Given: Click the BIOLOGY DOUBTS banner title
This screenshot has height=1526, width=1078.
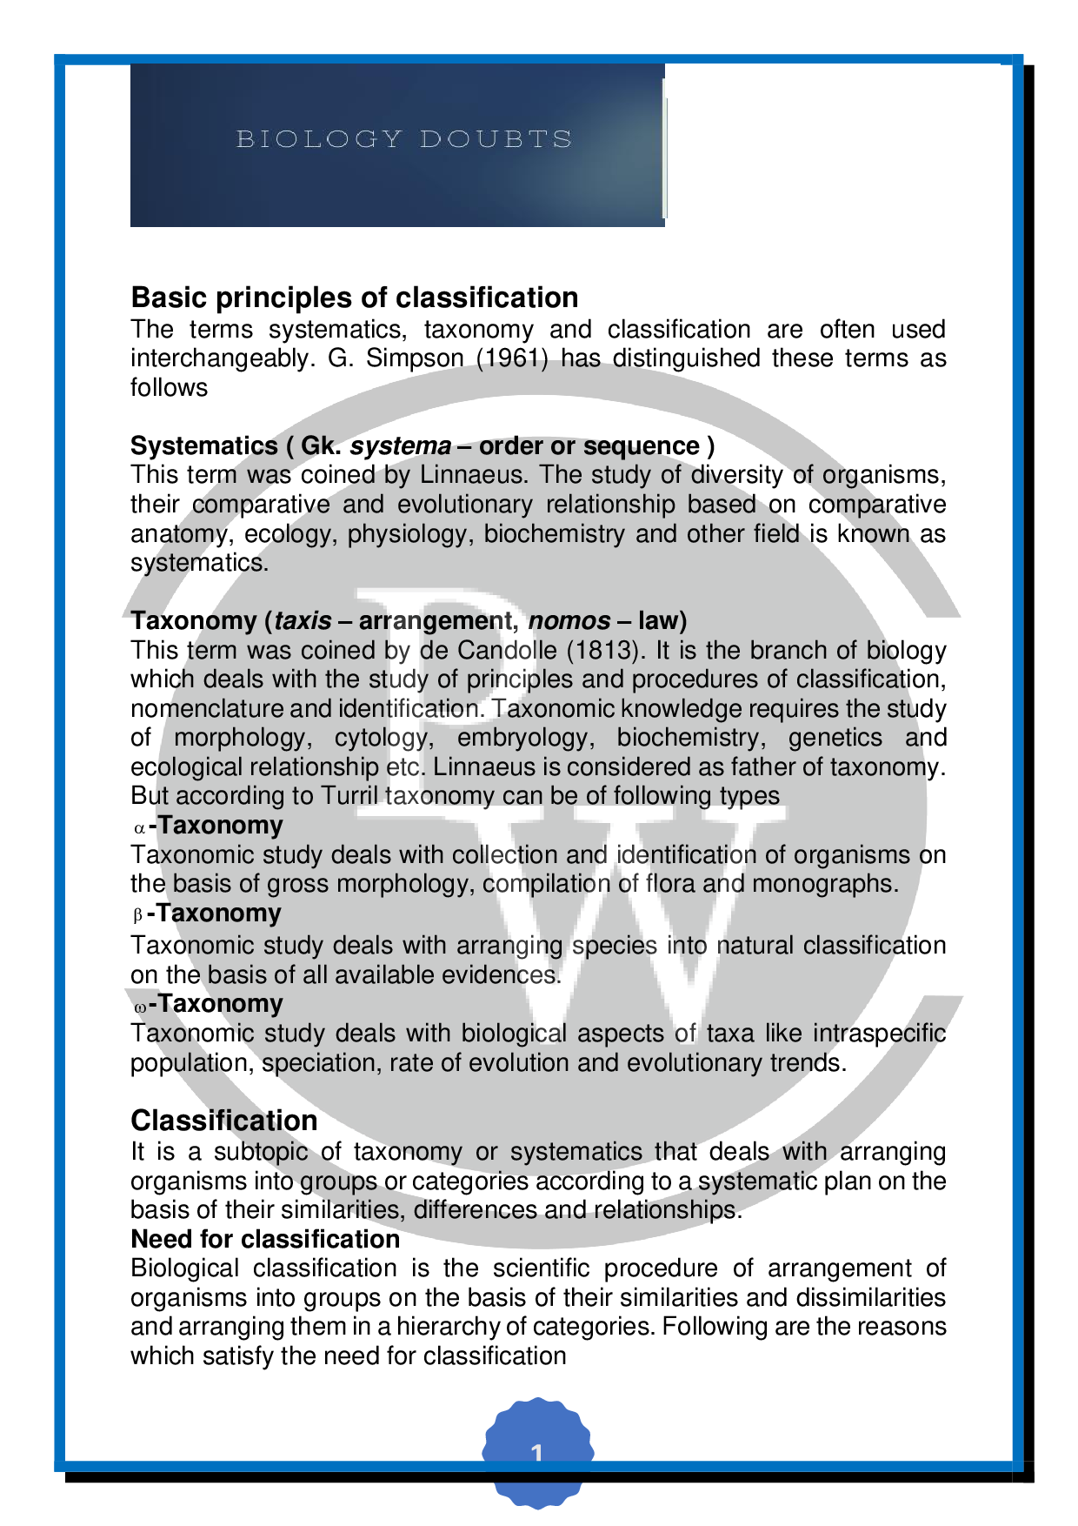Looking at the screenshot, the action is (x=404, y=139).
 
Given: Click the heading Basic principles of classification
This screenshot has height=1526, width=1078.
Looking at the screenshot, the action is (x=355, y=298).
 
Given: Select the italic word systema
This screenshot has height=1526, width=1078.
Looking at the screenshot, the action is (x=400, y=446).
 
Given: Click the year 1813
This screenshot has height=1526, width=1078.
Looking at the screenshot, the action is (x=598, y=651).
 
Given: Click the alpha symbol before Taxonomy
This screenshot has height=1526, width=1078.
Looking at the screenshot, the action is (x=138, y=827).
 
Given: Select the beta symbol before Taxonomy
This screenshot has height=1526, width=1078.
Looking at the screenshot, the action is (x=137, y=915).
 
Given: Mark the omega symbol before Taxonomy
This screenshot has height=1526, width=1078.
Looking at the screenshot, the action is (x=139, y=1006).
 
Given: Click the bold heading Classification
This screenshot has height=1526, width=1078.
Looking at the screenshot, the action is (x=224, y=1121).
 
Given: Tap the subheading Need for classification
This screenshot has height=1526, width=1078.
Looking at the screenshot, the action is (x=265, y=1239).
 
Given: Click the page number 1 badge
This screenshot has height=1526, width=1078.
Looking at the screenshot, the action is (x=537, y=1453).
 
